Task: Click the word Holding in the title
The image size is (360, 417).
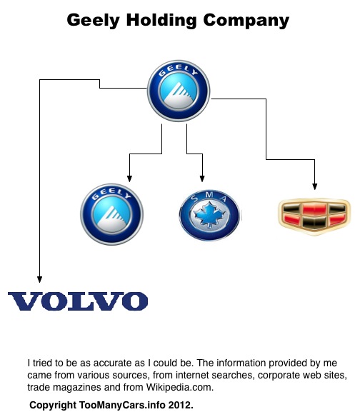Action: pyautogui.click(x=161, y=20)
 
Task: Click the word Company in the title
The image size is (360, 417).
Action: pyautogui.click(x=246, y=21)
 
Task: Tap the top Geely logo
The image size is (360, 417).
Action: pyautogui.click(x=179, y=91)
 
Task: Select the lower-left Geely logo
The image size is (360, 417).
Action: pyautogui.click(x=111, y=214)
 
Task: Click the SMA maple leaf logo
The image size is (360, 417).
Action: pyautogui.click(x=210, y=215)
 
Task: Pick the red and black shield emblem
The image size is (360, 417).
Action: pyautogui.click(x=314, y=216)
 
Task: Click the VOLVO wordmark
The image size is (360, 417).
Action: pyautogui.click(x=78, y=301)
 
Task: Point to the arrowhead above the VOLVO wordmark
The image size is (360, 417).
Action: pyautogui.click(x=40, y=279)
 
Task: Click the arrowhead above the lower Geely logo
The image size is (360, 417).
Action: pyautogui.click(x=129, y=179)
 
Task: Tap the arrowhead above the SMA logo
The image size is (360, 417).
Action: pyautogui.click(x=202, y=179)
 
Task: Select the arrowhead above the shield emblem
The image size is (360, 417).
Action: pyautogui.click(x=315, y=186)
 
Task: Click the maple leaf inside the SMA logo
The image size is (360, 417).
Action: pyautogui.click(x=209, y=215)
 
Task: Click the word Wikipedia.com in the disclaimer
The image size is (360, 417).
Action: pyautogui.click(x=180, y=387)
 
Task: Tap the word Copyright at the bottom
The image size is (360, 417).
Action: pyautogui.click(x=53, y=406)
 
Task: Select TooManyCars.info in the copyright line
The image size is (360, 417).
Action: pyautogui.click(x=122, y=405)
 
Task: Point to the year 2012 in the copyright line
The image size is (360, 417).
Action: pyautogui.click(x=179, y=405)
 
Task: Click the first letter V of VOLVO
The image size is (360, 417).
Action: pyautogui.click(x=26, y=301)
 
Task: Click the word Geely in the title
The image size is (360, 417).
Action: pyautogui.click(x=94, y=21)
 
